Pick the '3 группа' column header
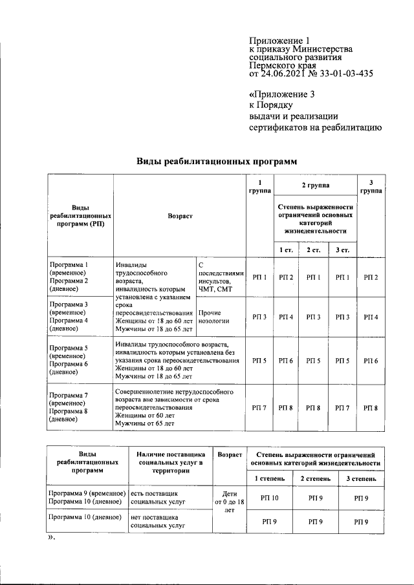click(371, 187)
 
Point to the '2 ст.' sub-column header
click(314, 250)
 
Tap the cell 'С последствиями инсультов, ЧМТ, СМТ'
click(220, 277)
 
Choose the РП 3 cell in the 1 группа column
click(259, 317)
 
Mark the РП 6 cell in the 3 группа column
click(371, 360)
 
